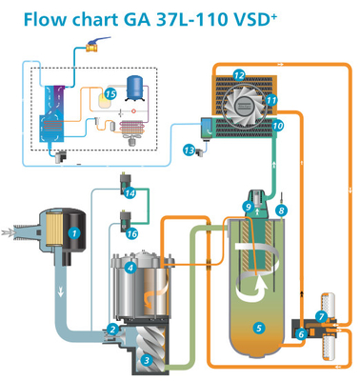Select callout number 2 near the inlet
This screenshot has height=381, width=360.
pyautogui.click(x=113, y=330)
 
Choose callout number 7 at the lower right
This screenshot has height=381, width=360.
pyautogui.click(x=322, y=315)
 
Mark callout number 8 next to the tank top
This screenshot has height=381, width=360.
pyautogui.click(x=280, y=208)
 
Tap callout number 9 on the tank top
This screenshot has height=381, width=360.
pyautogui.click(x=248, y=206)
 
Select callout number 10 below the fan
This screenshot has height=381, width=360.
pyautogui.click(x=278, y=125)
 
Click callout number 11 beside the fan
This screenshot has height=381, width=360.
pyautogui.click(x=271, y=99)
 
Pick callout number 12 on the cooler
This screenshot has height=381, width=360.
pyautogui.click(x=239, y=74)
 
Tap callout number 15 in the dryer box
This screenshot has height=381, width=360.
pyautogui.click(x=110, y=94)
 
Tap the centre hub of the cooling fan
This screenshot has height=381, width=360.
pyautogui.click(x=244, y=102)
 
